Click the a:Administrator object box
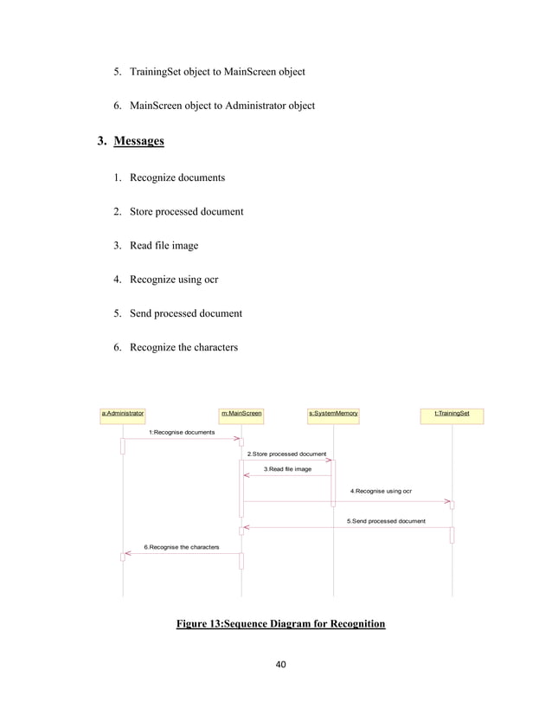(123, 414)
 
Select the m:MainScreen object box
(241, 414)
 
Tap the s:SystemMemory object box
(333, 414)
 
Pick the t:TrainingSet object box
(452, 414)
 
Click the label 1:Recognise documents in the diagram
(182, 431)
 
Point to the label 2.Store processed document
(286, 454)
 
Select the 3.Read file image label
(287, 469)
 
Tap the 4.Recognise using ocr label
(381, 491)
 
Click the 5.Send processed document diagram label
(386, 521)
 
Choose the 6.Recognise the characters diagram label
(181, 547)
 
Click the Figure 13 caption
(280, 623)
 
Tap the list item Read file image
(164, 246)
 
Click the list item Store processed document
(186, 211)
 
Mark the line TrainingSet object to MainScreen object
(217, 71)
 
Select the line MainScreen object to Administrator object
(222, 106)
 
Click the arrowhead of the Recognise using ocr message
(448, 500)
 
